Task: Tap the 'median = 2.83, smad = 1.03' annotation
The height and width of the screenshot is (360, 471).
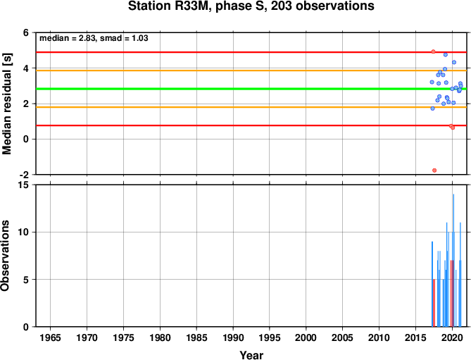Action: (x=94, y=38)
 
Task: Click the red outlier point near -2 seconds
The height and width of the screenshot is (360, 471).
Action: (x=434, y=170)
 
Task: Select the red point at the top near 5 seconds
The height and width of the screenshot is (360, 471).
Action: (x=433, y=51)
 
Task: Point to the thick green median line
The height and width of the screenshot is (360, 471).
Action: (x=251, y=89)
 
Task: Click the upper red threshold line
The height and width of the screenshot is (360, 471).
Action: (x=251, y=52)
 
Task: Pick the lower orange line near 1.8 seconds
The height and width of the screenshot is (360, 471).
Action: (x=251, y=107)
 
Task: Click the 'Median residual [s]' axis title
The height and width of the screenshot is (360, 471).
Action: (x=6, y=104)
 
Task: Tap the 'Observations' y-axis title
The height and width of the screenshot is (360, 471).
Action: (x=5, y=256)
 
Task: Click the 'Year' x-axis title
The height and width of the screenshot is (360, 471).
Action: (x=251, y=355)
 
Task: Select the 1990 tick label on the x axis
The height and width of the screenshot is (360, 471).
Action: (x=233, y=337)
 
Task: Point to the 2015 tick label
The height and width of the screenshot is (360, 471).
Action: (x=415, y=337)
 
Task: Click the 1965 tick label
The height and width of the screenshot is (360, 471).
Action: (x=50, y=337)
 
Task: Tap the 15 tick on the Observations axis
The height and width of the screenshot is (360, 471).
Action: (x=27, y=185)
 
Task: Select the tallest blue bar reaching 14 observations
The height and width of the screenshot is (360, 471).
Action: (x=453, y=260)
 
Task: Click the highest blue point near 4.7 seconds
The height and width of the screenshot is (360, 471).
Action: (x=446, y=55)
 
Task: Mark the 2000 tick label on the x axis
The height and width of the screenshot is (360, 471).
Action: (x=306, y=337)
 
